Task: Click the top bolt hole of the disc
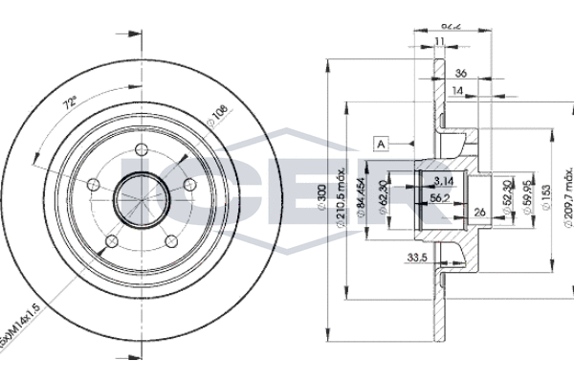[x=141, y=149]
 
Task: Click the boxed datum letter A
[x=381, y=143]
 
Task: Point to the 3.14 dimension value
[x=442, y=180]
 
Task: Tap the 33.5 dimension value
[x=414, y=256]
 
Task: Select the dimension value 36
[x=460, y=73]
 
